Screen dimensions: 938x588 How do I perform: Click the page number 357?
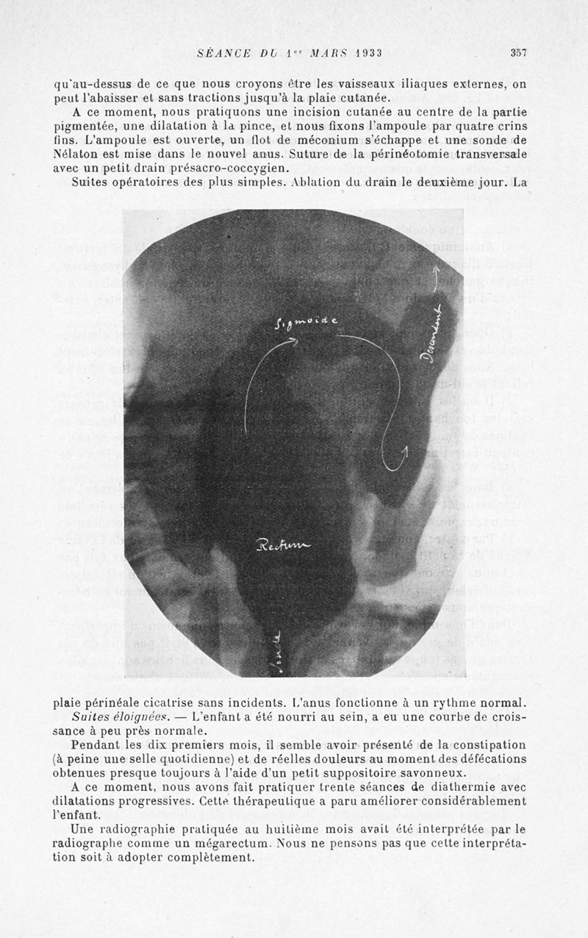[x=519, y=52]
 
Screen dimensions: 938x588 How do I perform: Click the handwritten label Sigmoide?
[x=306, y=321]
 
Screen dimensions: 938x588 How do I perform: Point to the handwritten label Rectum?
[x=283, y=545]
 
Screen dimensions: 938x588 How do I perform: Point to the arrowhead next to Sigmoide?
[x=293, y=340]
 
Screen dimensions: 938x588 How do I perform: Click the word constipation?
[x=489, y=745]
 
